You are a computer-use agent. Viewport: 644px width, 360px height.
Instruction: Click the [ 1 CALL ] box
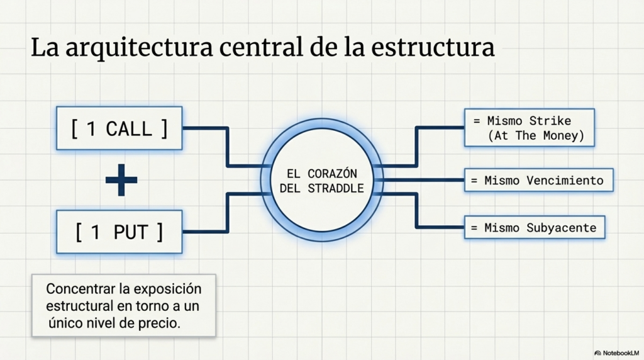click(x=119, y=128)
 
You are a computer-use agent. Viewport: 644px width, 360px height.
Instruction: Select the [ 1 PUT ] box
click(x=119, y=232)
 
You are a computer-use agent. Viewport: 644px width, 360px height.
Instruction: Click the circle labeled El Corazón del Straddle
click(x=321, y=180)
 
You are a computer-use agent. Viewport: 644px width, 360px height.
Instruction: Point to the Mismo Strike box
click(x=529, y=128)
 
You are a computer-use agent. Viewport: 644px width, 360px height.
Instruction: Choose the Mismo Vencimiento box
click(x=538, y=181)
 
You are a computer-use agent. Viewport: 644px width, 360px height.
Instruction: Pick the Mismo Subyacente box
click(x=535, y=227)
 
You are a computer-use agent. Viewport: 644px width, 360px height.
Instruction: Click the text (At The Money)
click(x=536, y=135)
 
